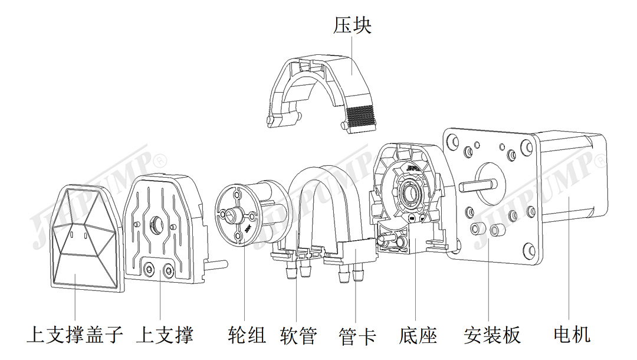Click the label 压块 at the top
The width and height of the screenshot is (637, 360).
352,25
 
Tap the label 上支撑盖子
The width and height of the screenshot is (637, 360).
75,335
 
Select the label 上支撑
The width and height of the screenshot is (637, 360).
165,335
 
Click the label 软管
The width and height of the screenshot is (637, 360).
298,335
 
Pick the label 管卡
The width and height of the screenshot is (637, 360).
357,335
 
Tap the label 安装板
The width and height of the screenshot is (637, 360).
492,335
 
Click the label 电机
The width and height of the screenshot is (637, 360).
572,335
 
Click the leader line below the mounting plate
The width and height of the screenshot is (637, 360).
489,289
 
